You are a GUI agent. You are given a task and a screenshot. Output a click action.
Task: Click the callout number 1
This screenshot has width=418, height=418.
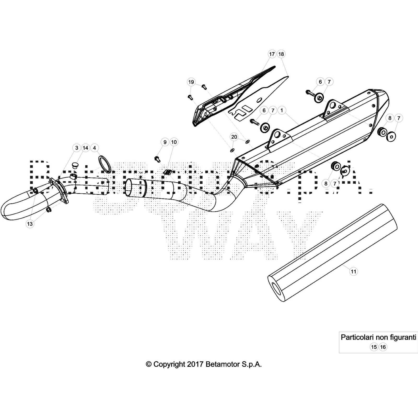pos(282,111)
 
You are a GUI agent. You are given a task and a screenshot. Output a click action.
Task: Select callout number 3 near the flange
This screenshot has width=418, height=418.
pos(77,148)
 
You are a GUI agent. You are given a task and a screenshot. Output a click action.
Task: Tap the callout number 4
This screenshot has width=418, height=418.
pos(94,148)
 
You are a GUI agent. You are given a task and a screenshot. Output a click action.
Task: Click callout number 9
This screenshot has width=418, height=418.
pos(165,142)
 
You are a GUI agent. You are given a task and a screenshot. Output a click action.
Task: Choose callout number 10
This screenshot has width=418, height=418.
pos(174,142)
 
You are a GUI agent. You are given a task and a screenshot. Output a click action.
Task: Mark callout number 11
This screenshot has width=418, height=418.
pos(353,272)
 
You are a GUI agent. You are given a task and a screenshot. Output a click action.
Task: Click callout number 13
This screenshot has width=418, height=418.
pos(30,224)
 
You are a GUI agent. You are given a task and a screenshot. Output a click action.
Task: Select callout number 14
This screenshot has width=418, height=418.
pos(85,148)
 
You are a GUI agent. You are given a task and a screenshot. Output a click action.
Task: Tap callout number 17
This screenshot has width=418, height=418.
pos(272,54)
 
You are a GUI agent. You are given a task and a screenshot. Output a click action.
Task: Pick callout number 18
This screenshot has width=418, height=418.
pos(281,54)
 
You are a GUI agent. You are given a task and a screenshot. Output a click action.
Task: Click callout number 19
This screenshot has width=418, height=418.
pos(191,82)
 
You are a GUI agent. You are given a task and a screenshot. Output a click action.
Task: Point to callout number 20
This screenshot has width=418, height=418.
pos(234,137)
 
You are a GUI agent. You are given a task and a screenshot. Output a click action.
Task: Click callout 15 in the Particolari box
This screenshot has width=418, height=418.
pos(374,347)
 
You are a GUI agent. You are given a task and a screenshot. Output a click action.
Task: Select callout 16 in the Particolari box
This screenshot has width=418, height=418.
pos(383,347)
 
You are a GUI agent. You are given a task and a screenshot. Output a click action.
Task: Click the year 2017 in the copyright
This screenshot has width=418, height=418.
pos(195,364)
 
